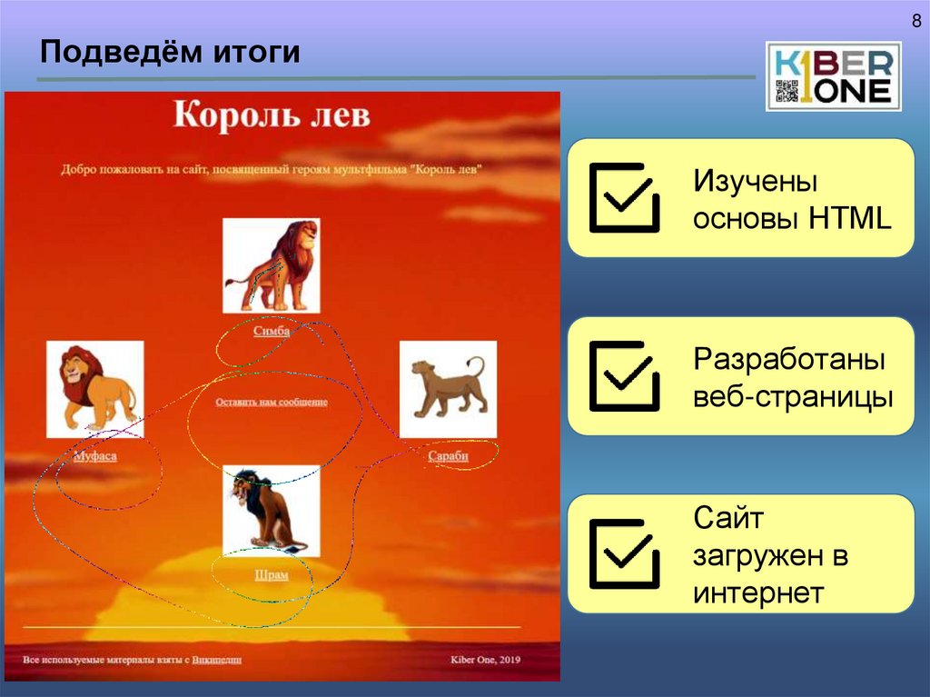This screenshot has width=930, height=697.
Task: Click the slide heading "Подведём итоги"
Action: [170, 52]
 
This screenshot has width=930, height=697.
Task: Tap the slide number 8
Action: [916, 22]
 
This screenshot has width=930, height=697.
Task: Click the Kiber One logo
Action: [833, 76]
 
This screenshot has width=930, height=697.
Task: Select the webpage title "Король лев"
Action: [272, 116]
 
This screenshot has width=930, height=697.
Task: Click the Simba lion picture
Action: [272, 264]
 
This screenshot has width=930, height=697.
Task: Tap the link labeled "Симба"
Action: [272, 332]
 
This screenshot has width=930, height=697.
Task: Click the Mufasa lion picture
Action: [94, 389]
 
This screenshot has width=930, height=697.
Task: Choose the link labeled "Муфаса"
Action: [94, 456]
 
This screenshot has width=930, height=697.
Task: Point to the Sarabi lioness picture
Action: [448, 389]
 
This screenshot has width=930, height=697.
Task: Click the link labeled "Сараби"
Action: [448, 456]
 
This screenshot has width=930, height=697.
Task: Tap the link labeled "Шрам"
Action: [271, 575]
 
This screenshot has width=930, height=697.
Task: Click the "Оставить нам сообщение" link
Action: [272, 402]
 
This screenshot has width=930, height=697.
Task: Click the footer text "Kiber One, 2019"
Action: [486, 660]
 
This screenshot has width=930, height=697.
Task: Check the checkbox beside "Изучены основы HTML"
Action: [624, 197]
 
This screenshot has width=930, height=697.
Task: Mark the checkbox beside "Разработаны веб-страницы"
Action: [624, 375]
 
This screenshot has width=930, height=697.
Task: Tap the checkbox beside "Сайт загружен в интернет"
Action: [624, 553]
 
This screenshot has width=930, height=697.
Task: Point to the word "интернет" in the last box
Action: [758, 593]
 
